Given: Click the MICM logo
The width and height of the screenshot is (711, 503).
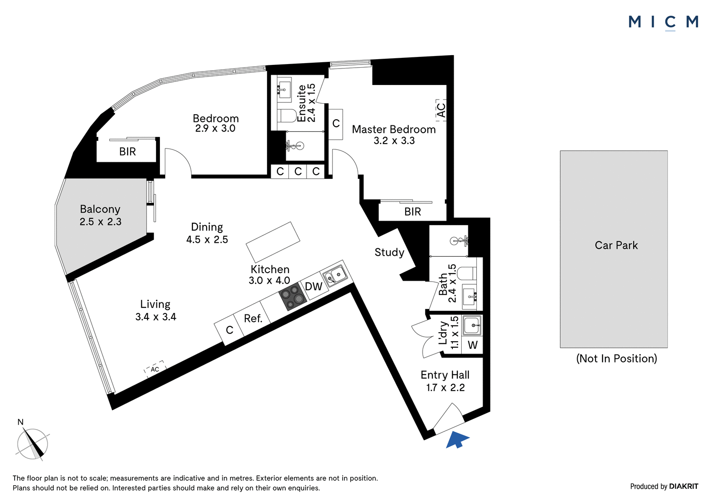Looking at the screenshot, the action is pos(663,23).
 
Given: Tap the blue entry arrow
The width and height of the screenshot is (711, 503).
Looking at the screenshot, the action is pos(457,439).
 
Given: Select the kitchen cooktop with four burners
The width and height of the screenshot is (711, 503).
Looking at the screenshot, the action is pos(293,297).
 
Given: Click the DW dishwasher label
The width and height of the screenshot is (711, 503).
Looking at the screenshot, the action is pos(314,286).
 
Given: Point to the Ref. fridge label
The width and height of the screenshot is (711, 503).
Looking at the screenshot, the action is pos(253,318).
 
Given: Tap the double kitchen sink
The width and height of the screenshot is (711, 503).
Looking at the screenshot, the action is pos(335,275).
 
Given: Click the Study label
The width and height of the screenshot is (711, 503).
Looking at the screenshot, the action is pos(389,252).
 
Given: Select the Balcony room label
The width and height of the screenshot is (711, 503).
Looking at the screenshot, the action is pos(100,209).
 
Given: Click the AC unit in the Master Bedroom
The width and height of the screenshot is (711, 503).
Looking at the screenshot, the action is pos(441,110).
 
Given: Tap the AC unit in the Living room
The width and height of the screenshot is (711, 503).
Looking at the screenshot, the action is pos(155,369).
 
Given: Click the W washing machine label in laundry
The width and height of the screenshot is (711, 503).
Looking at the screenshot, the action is pos(473,345).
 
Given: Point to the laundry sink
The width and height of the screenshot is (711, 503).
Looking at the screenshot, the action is pos(472,326).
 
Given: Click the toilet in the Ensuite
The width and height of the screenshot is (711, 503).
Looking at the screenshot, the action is pos(287,115).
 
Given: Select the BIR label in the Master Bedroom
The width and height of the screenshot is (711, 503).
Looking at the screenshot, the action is pos(413,212).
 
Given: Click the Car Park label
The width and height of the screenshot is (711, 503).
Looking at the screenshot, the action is pos(616,245).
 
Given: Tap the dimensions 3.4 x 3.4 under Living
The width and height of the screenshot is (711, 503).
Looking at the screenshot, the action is pos(156,317).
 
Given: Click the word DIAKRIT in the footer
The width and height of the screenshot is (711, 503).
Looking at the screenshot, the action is pos(684,486).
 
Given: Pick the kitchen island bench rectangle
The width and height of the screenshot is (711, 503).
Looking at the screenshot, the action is pos(273,242).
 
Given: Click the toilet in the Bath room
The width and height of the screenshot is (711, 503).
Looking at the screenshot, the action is pos(468,273).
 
